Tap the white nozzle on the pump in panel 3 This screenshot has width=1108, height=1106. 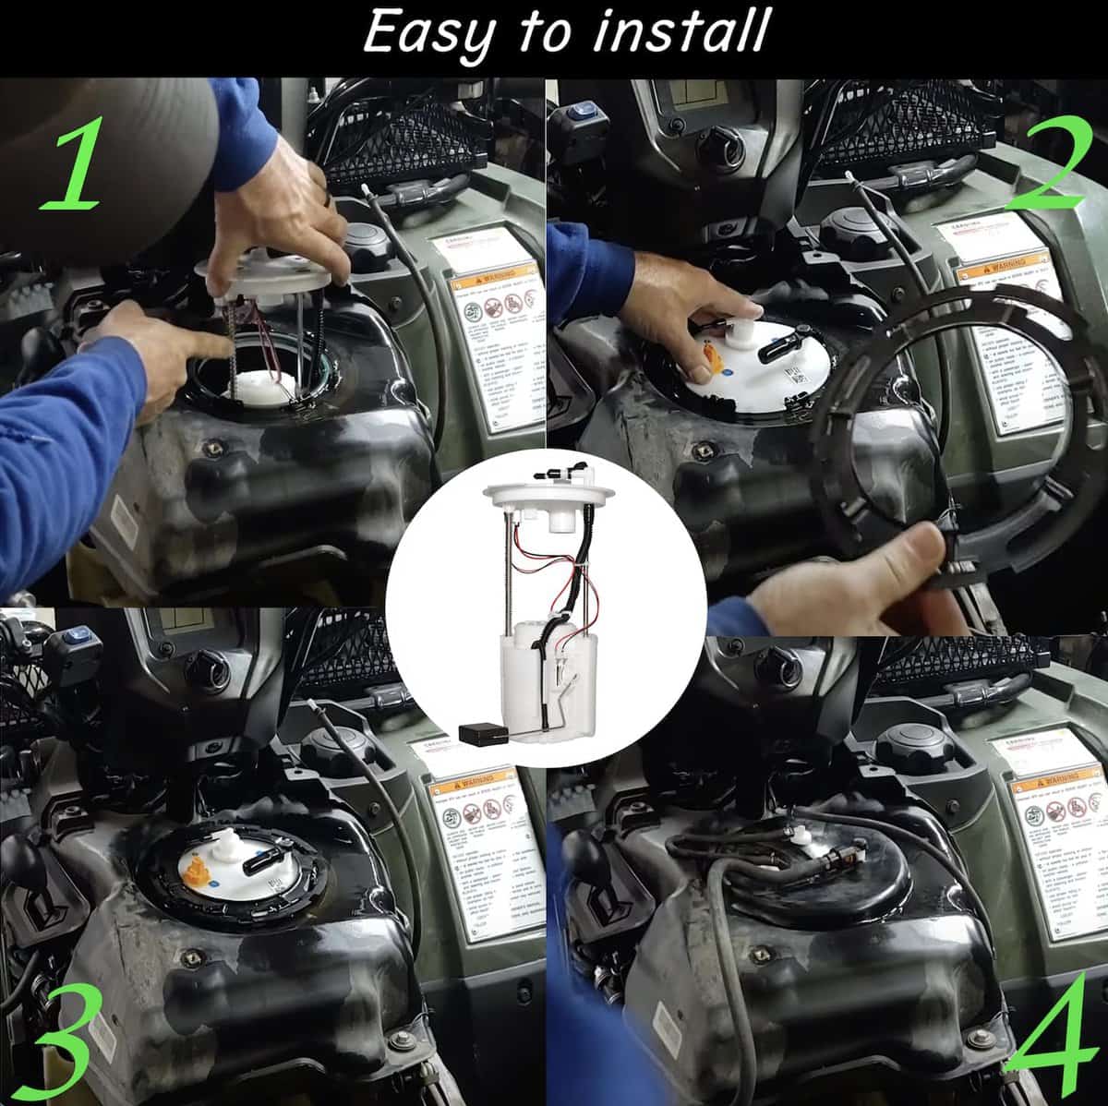pyautogui.click(x=226, y=842)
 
